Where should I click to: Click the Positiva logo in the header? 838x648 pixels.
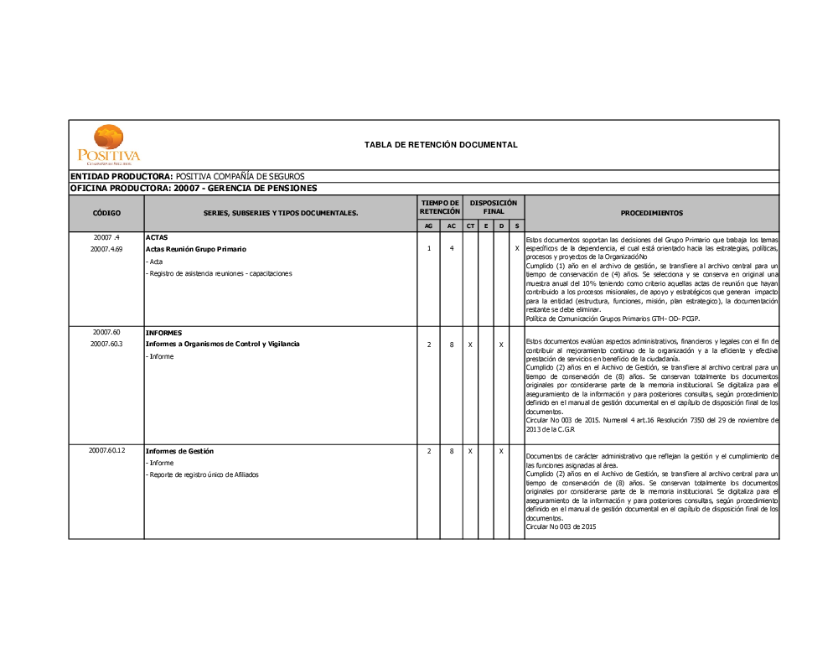[109, 143]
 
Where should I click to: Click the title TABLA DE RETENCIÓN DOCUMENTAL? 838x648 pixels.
[441, 145]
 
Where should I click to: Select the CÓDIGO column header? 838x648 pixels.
[106, 213]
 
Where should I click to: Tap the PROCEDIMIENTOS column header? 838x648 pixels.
[651, 213]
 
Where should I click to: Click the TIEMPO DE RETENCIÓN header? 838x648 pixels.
[440, 207]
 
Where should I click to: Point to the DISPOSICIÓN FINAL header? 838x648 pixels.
[494, 207]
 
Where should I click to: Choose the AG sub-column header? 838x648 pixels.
[429, 226]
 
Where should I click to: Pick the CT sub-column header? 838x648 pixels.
[470, 226]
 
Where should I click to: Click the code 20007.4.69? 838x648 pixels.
[106, 249]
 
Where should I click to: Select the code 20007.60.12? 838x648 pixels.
[106, 451]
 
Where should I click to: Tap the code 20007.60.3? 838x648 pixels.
[106, 344]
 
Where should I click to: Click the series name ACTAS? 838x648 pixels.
[157, 237]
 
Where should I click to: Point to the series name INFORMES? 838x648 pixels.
[163, 332]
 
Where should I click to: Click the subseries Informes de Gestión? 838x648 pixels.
[179, 451]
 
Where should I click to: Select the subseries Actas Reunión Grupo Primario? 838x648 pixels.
[196, 249]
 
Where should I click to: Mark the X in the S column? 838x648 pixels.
[517, 249]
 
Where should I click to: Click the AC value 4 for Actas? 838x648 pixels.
[451, 249]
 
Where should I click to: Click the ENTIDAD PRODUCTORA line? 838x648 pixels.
[187, 177]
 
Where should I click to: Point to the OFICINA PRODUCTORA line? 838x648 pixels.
[193, 189]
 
